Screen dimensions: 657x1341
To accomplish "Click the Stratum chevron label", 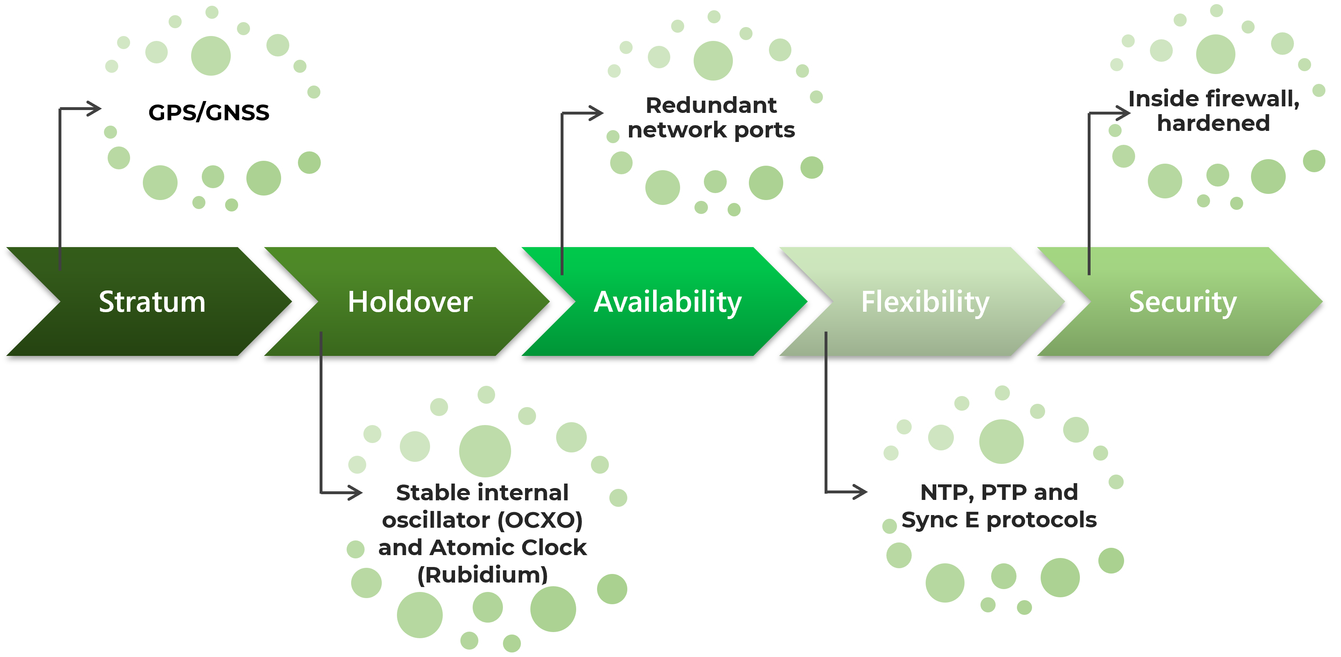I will pyautogui.click(x=152, y=302).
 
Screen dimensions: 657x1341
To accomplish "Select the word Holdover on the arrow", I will pyautogui.click(x=410, y=302).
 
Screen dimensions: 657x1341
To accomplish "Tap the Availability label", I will pyautogui.click(x=667, y=302).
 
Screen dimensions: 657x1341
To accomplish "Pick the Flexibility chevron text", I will pyautogui.click(x=925, y=302).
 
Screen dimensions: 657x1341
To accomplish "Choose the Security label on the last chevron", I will pyautogui.click(x=1182, y=302).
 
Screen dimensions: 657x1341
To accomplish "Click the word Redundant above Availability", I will pyautogui.click(x=711, y=106).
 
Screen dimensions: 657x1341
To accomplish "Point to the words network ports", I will pyautogui.click(x=711, y=130).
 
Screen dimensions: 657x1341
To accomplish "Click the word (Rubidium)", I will pyautogui.click(x=482, y=575).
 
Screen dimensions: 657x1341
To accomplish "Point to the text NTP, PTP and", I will pyautogui.click(x=998, y=492).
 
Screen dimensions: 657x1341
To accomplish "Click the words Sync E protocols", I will pyautogui.click(x=998, y=520).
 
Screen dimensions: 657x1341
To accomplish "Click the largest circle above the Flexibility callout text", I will pyautogui.click(x=1001, y=441).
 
